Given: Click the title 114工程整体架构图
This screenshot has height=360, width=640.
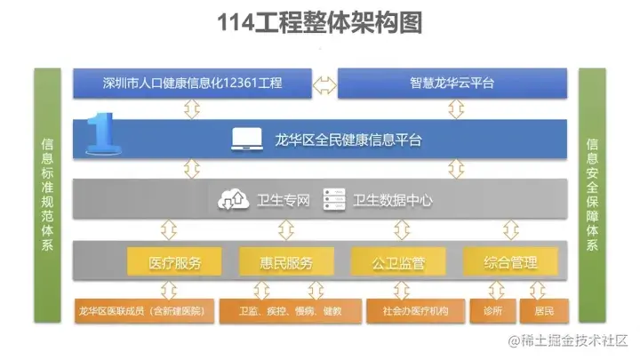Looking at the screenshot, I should (319, 23).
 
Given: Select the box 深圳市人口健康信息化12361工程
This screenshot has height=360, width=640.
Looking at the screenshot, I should (191, 84).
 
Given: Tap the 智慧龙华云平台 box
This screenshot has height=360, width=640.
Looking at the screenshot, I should (452, 84).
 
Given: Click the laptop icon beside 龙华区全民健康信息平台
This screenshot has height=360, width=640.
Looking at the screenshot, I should (244, 139).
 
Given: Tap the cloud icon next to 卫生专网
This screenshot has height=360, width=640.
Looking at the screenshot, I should (229, 200).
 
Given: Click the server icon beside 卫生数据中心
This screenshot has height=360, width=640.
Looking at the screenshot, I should (333, 200).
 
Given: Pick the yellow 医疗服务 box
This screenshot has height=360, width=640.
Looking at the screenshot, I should (174, 263).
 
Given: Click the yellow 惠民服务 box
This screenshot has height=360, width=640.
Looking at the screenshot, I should (286, 263).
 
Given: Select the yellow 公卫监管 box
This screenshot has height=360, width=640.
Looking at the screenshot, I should (398, 263).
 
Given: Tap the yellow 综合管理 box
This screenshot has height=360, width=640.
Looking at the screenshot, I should (510, 263).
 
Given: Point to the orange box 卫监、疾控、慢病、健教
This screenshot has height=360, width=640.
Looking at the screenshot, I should (290, 311).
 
